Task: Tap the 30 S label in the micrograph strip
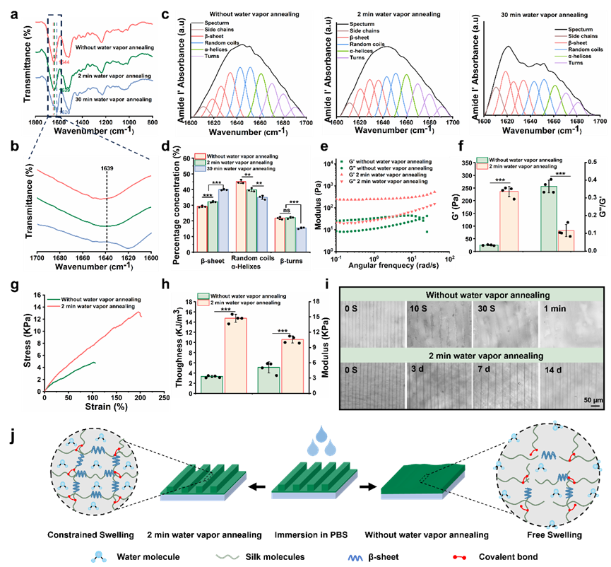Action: (x=485, y=309)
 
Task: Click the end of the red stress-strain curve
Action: (x=141, y=316)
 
